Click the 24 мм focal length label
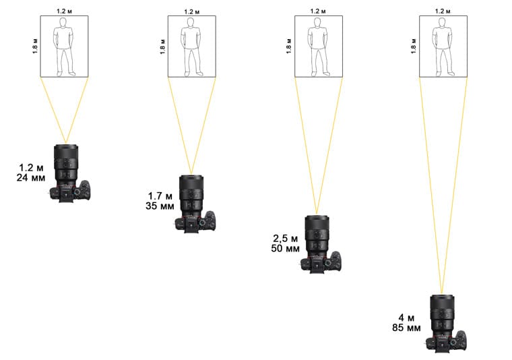pyautogui.click(x=31, y=178)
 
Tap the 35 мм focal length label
pyautogui.click(x=160, y=206)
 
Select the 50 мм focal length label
pyautogui.click(x=285, y=248)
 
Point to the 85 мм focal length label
pyautogui.click(x=406, y=328)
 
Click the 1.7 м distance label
pyautogui.click(x=160, y=196)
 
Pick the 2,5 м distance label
pyautogui.click(x=286, y=239)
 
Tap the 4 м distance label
pyautogui.click(x=406, y=318)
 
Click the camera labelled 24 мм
pyautogui.click(x=69, y=173)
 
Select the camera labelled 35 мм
pyautogui.click(x=195, y=204)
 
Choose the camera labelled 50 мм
pyautogui.click(x=320, y=244)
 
